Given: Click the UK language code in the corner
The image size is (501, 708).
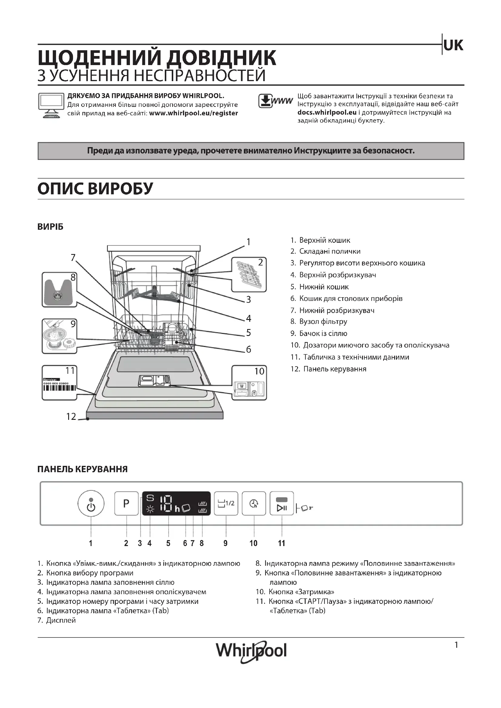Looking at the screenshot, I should pos(453,45).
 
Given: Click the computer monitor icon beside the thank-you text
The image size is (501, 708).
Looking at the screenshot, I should pos(51,105).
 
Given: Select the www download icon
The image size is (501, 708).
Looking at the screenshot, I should pos(275,101).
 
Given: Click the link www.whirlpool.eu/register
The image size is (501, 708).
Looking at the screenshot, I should pos(194,113).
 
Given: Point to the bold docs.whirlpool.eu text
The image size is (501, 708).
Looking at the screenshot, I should pos(327,112).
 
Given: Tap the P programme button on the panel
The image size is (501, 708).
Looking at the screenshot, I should pos(126,503).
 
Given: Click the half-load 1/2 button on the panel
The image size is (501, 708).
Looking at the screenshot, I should pos(226,503).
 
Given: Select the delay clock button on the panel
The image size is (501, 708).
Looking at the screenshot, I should pos(254,503).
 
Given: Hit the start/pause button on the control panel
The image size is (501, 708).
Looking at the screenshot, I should pos(282,503).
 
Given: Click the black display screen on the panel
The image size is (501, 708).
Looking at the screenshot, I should pos(176,503).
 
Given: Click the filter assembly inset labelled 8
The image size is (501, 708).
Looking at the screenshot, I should pos(59,290).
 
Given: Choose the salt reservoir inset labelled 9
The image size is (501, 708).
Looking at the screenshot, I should pos(59,336).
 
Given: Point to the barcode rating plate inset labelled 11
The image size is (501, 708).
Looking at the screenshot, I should pos(59,383).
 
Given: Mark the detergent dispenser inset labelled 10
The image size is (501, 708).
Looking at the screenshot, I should pos(249,383).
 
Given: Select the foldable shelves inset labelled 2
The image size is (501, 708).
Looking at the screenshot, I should pos(249,275).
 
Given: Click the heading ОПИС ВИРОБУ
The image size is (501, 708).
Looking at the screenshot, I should pos(95,188).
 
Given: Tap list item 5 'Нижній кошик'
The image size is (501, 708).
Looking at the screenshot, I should pos(323,287).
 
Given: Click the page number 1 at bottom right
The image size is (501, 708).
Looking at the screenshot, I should pos(456,645).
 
